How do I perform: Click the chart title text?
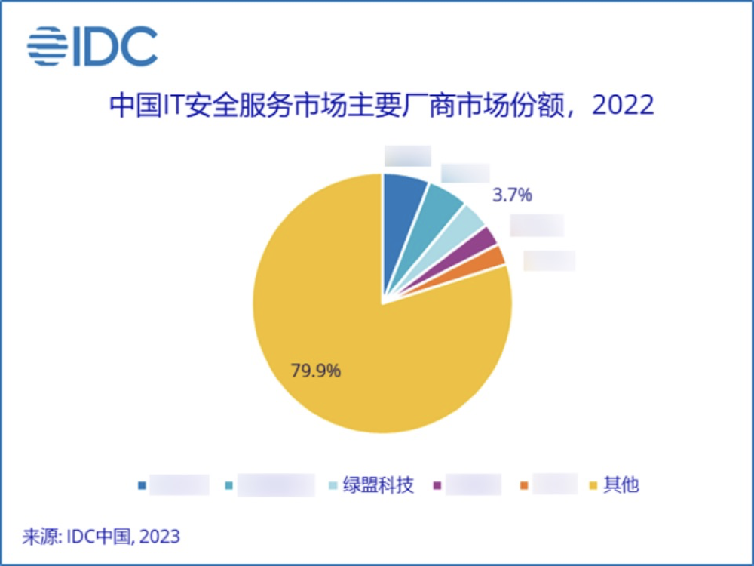point(381,105)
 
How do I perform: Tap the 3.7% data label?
point(513,196)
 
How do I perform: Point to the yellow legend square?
point(594,485)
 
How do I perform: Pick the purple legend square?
point(437,485)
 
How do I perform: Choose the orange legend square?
point(524,485)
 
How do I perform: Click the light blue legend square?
point(333,485)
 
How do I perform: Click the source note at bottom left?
point(102,537)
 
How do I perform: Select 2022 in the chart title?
point(623,105)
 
